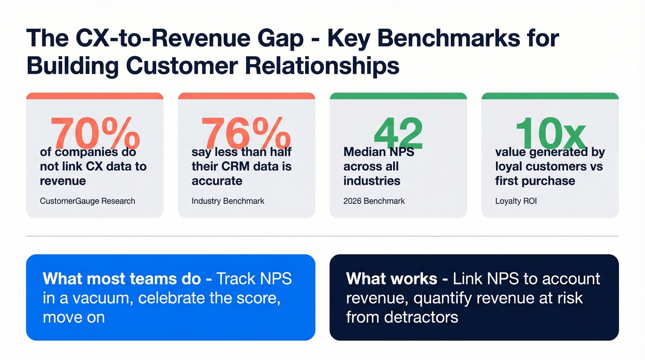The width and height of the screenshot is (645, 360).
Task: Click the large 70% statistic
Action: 95,133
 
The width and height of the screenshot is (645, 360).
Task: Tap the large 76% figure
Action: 246,133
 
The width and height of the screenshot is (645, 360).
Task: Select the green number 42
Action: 398,133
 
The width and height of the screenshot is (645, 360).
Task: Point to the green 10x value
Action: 550,133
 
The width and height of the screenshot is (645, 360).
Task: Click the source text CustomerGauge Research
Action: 88,201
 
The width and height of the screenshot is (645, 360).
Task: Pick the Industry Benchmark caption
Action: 228,201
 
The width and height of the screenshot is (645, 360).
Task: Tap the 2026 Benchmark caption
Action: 374,201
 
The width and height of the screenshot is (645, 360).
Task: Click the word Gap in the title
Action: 282,39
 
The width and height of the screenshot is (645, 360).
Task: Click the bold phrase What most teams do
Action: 122,279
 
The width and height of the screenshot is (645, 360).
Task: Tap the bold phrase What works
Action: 392,279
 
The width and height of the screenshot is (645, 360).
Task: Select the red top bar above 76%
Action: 246,96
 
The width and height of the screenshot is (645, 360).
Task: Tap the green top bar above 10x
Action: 550,96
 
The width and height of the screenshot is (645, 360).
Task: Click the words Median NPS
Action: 379,152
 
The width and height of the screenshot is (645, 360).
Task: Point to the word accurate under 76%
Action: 217,181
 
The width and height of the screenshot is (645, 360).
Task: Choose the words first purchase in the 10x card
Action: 535,181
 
